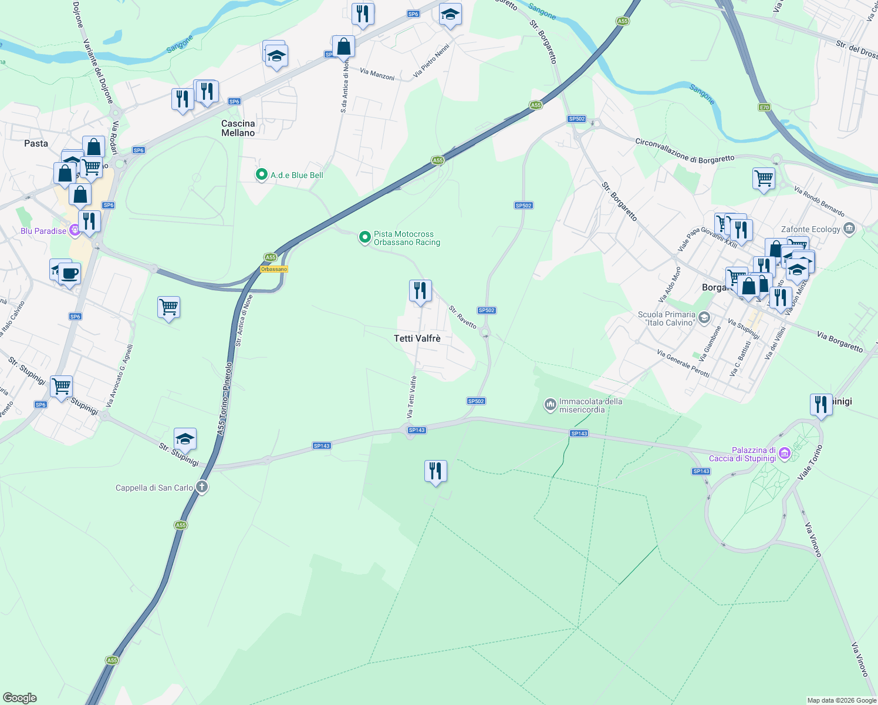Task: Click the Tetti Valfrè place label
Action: [x=417, y=338]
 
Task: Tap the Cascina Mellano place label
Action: [x=238, y=128]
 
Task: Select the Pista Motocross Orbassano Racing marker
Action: [x=364, y=237]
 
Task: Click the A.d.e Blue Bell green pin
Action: [x=261, y=174]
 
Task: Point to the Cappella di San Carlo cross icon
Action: [x=202, y=487]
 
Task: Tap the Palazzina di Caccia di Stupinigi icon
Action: [x=785, y=454]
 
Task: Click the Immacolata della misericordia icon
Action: [x=550, y=405]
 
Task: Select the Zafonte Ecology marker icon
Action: [x=849, y=229]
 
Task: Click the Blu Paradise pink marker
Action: [x=75, y=230]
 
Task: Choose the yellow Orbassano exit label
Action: [x=274, y=269]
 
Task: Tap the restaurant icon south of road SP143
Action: [x=435, y=471]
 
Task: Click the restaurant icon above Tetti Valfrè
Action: [x=420, y=291]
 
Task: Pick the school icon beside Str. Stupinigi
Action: [x=185, y=439]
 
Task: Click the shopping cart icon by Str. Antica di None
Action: [x=168, y=307]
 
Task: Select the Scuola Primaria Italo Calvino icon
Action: [x=704, y=318]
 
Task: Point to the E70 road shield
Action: [x=764, y=108]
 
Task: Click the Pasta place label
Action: [x=36, y=143]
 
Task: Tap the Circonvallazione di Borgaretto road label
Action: [x=684, y=150]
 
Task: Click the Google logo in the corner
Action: [x=20, y=698]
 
